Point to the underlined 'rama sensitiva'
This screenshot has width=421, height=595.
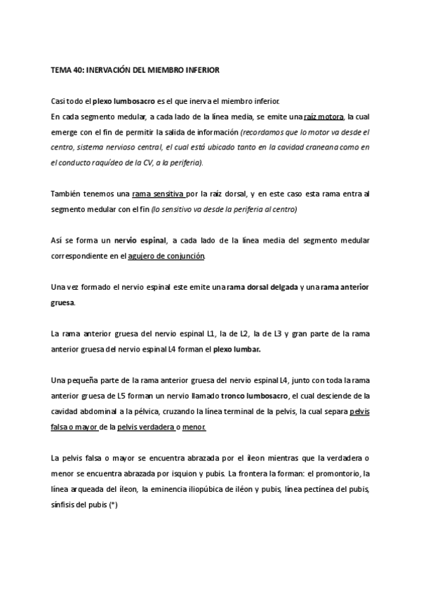point(158,194)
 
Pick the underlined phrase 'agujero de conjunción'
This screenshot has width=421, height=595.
point(167,256)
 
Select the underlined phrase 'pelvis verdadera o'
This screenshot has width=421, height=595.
point(148,427)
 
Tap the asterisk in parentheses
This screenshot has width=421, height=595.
point(114,504)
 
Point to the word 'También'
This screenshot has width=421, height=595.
point(66,194)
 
